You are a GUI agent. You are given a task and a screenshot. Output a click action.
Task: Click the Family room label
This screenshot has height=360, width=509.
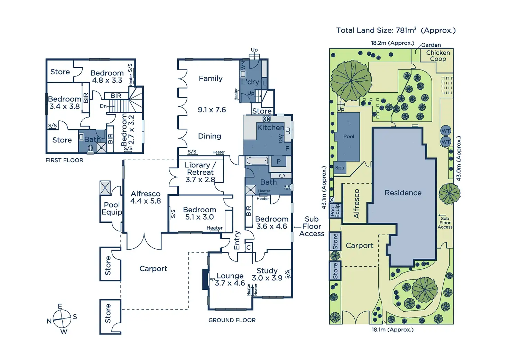coord(211,79)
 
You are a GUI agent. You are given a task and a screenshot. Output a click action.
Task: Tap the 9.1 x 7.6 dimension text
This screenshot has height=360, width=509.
coord(212,110)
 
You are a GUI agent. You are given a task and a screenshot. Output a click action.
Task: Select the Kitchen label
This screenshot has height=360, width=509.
coord(270,128)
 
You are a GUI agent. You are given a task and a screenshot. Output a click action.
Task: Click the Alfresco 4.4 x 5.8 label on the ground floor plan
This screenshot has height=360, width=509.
coord(146,197)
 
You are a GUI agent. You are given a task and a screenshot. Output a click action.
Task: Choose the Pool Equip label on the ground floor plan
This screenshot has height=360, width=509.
coord(112,209)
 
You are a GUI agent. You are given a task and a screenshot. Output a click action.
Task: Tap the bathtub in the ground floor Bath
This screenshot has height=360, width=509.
coord(257,161)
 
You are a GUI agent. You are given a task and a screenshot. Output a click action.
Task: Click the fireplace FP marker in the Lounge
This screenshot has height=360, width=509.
coord(212,279)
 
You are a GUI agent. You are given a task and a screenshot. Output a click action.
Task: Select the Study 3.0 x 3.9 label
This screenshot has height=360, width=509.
coord(267,274)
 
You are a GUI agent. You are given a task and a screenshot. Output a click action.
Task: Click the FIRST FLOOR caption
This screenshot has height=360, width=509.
coord(64,160)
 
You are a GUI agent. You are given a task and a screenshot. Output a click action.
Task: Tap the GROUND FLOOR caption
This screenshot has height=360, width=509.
coord(232,320)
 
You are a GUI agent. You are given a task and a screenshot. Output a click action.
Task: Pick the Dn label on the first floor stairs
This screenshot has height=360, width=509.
coord(103,106)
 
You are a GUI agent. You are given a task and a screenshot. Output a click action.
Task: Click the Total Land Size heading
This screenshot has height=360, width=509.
coord(396,30)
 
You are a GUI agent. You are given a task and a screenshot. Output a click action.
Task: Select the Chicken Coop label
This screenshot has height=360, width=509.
coord(438,56)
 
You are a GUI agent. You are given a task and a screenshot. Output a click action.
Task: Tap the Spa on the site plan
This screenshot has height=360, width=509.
coord(340,168)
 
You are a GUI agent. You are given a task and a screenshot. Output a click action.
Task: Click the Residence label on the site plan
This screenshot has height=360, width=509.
coord(403,193)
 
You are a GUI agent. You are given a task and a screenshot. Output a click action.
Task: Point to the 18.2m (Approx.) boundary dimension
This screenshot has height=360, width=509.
coord(392,43)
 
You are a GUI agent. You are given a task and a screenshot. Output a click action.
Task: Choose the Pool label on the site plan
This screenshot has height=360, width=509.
coord(349,137)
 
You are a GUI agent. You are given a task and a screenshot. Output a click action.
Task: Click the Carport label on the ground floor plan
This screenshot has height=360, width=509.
coord(153,269)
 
